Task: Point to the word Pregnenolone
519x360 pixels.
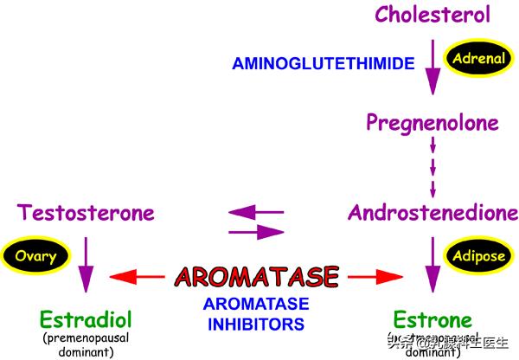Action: pos(432,123)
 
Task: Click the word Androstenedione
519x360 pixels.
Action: pos(432,213)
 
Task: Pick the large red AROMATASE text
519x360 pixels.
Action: pos(256,276)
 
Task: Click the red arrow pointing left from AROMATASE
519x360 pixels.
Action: pos(137,277)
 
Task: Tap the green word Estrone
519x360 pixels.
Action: pos(432,318)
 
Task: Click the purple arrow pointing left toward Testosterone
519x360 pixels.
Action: pos(255,211)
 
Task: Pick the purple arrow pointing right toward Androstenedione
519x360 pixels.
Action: pos(257,231)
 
